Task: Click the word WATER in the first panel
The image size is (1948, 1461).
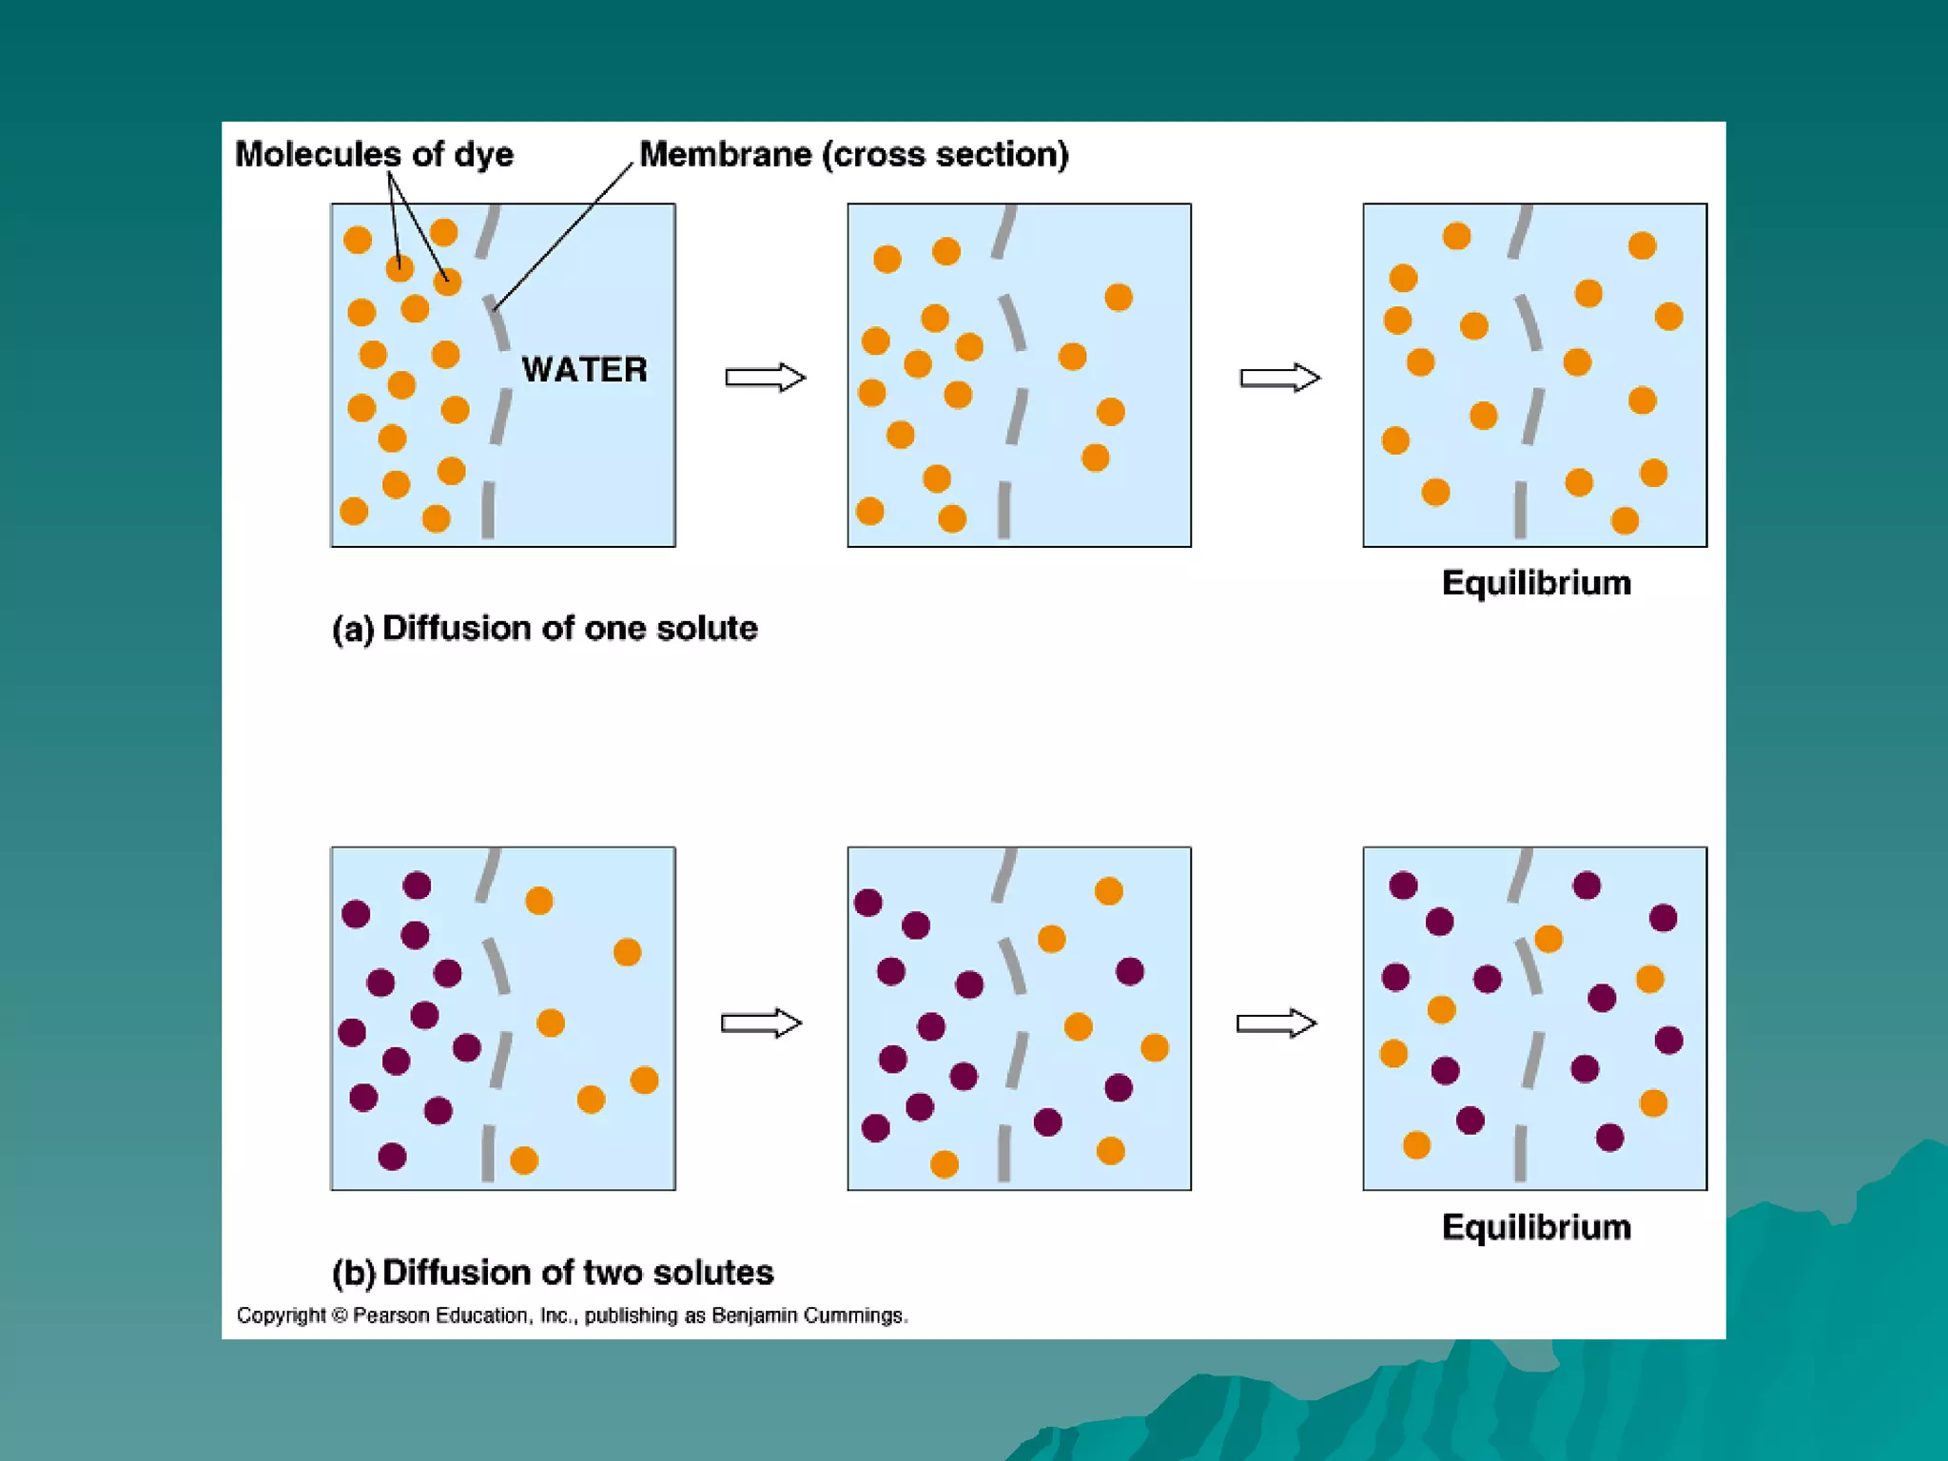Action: pyautogui.click(x=584, y=369)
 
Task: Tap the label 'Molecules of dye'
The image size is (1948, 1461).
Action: pyautogui.click(x=374, y=154)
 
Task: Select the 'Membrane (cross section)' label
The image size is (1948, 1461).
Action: pyautogui.click(x=853, y=154)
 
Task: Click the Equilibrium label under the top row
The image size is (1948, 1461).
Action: pyautogui.click(x=1535, y=582)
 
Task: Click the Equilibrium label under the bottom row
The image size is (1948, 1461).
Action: pyautogui.click(x=1535, y=1227)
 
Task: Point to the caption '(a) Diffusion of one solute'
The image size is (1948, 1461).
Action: pyautogui.click(x=544, y=628)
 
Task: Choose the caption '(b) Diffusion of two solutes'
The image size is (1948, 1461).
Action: pyautogui.click(x=552, y=1272)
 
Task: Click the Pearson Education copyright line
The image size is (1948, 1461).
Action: pyautogui.click(x=572, y=1315)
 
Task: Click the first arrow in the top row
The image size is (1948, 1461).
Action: pyautogui.click(x=765, y=378)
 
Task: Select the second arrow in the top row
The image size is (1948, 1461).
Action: pyautogui.click(x=1279, y=378)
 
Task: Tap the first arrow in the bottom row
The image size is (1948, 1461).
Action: pyautogui.click(x=761, y=1023)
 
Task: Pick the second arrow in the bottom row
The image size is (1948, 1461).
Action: pyautogui.click(x=1276, y=1023)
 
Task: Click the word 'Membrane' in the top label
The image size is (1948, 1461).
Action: pyautogui.click(x=725, y=154)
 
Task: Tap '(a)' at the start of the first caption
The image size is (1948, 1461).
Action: pyautogui.click(x=353, y=629)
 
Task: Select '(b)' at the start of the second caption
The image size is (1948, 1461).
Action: pyautogui.click(x=353, y=1273)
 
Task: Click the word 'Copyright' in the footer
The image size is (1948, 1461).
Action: pyautogui.click(x=281, y=1315)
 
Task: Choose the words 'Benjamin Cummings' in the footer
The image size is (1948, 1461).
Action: pyautogui.click(x=808, y=1315)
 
